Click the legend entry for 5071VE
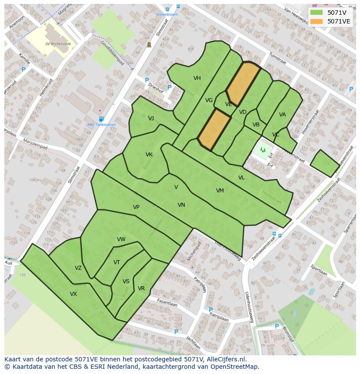pyautogui.click(x=339, y=21)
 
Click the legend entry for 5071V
pyautogui.click(x=337, y=13)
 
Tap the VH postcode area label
pyautogui.click(x=197, y=78)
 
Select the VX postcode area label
pyautogui.click(x=73, y=294)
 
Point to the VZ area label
pyautogui.click(x=78, y=268)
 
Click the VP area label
pyautogui.click(x=136, y=207)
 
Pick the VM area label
pyautogui.click(x=220, y=191)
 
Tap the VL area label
pyautogui.click(x=241, y=178)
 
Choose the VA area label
pyautogui.click(x=283, y=115)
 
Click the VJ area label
pyautogui.click(x=151, y=119)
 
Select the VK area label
pyautogui.click(x=149, y=155)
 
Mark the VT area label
pyautogui.click(x=117, y=262)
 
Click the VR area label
pyautogui.click(x=141, y=288)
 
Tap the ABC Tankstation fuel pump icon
pyautogui.click(x=101, y=119)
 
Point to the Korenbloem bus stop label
pyautogui.click(x=167, y=14)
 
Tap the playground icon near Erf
pyautogui.click(x=263, y=150)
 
